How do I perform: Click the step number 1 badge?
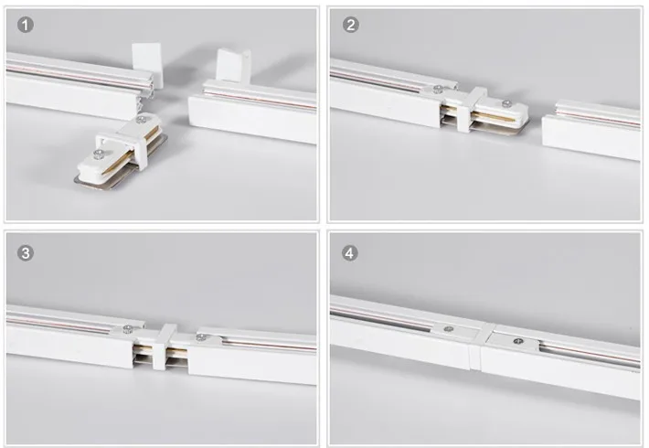pos(26,25)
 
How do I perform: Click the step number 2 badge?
pos(351,25)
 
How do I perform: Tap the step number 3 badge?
pos(26,253)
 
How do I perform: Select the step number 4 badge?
pos(350,253)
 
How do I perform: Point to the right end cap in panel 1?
pos(233,65)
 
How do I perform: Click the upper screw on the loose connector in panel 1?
pos(142,120)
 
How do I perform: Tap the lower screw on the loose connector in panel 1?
pos(99,155)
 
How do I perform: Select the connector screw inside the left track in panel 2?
pos(438,89)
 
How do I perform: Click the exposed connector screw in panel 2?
pos(505,103)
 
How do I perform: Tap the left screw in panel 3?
pos(128,329)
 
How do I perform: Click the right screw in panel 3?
pos(201,337)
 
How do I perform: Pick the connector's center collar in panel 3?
pos(164,347)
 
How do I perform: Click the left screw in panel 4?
pos(448,329)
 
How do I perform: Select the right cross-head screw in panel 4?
pos(517,341)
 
